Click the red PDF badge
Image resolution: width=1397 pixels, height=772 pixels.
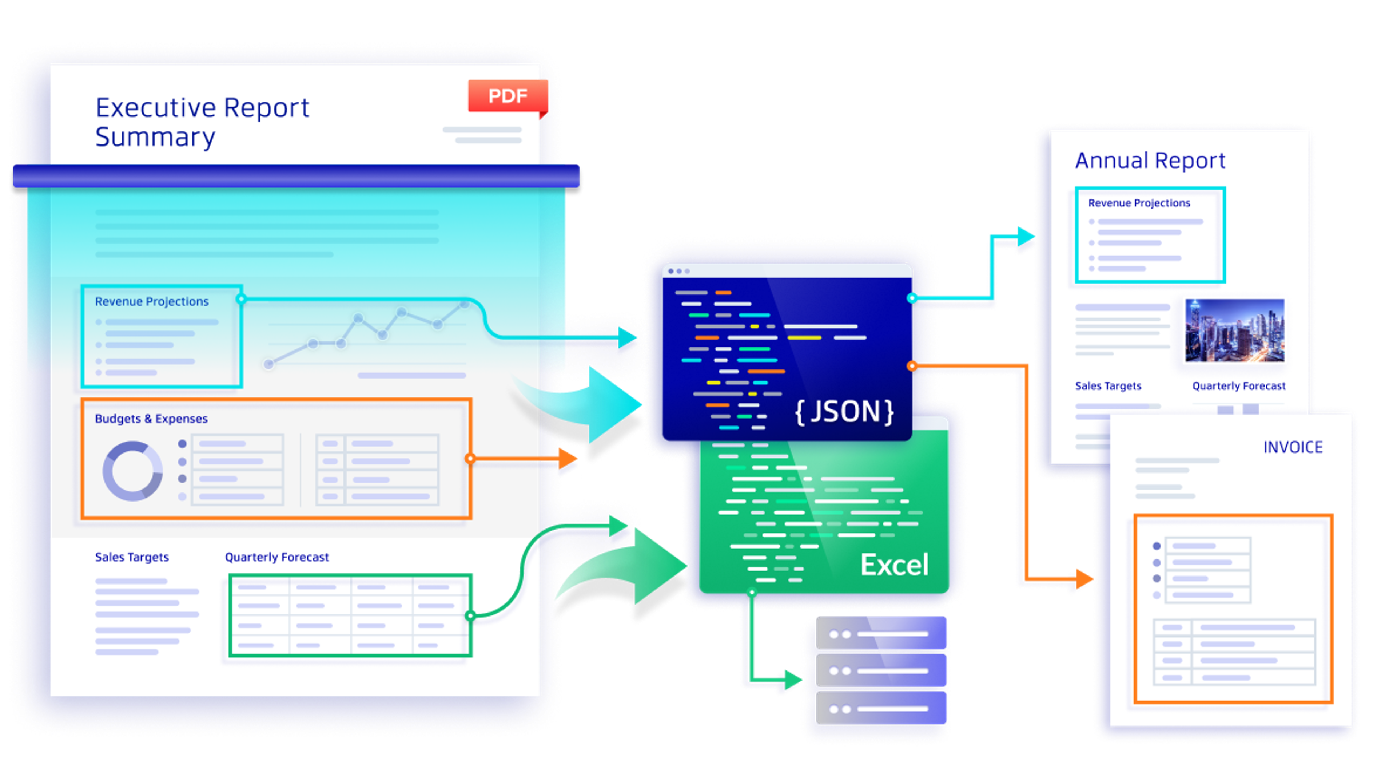click(508, 96)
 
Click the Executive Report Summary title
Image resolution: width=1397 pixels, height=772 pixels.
click(202, 122)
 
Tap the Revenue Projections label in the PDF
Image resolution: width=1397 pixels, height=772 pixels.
click(151, 302)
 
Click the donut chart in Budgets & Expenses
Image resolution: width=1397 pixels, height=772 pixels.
click(132, 470)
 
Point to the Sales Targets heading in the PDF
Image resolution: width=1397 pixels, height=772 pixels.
click(132, 557)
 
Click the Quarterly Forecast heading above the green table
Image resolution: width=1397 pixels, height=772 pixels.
click(276, 557)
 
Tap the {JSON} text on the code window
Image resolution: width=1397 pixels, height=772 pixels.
click(844, 412)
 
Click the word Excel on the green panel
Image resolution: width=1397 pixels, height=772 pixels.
click(894, 565)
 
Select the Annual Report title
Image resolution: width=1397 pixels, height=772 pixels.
click(1150, 161)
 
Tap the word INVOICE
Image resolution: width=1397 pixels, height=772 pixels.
click(1293, 447)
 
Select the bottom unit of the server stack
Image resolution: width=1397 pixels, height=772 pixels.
click(881, 709)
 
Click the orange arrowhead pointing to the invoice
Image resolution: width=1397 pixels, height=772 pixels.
click(1083, 578)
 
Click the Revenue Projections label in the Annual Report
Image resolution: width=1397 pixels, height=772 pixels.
click(1139, 203)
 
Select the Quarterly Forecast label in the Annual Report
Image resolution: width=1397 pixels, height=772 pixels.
click(1239, 386)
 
